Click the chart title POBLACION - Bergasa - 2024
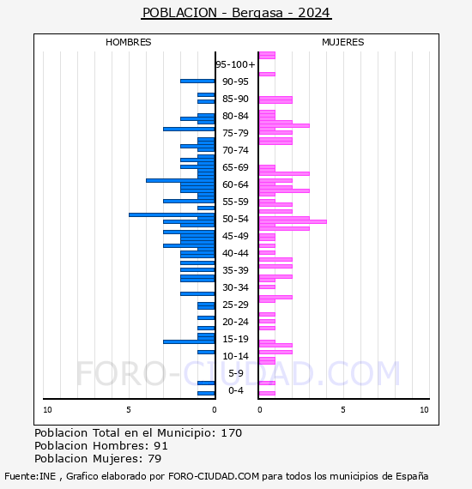click(236, 13)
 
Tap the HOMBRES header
click(128, 42)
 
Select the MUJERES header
click(343, 42)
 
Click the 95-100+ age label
click(235, 64)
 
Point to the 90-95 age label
click(235, 81)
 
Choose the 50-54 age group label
click(235, 219)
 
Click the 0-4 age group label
click(235, 390)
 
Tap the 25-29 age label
click(235, 305)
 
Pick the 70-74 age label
click(235, 150)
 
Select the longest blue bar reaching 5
click(172, 214)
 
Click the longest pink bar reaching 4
click(293, 221)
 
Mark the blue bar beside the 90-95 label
click(197, 81)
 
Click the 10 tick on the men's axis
click(47, 410)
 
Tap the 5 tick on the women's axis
click(343, 410)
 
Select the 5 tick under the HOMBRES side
click(129, 410)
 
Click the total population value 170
click(231, 433)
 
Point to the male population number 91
click(160, 445)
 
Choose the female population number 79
click(154, 458)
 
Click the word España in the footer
click(412, 476)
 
